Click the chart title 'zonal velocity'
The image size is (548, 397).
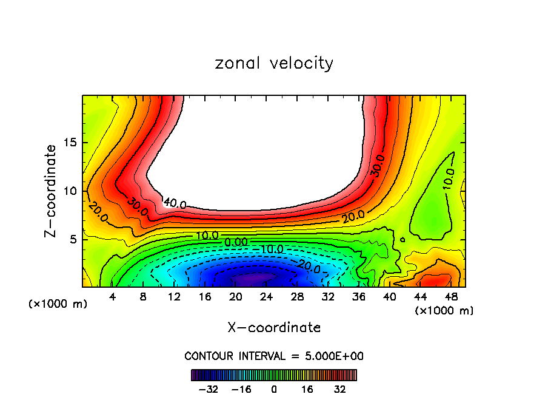[x=274, y=63]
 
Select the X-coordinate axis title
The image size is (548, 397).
[x=274, y=328]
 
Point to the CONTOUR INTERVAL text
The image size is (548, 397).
[x=274, y=356]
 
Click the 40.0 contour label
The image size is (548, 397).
[x=175, y=203]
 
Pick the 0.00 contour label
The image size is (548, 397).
[x=236, y=242]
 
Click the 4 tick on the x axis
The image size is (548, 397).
[x=113, y=297]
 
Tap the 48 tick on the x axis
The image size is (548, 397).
[x=451, y=297]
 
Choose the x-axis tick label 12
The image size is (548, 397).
[x=175, y=297]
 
